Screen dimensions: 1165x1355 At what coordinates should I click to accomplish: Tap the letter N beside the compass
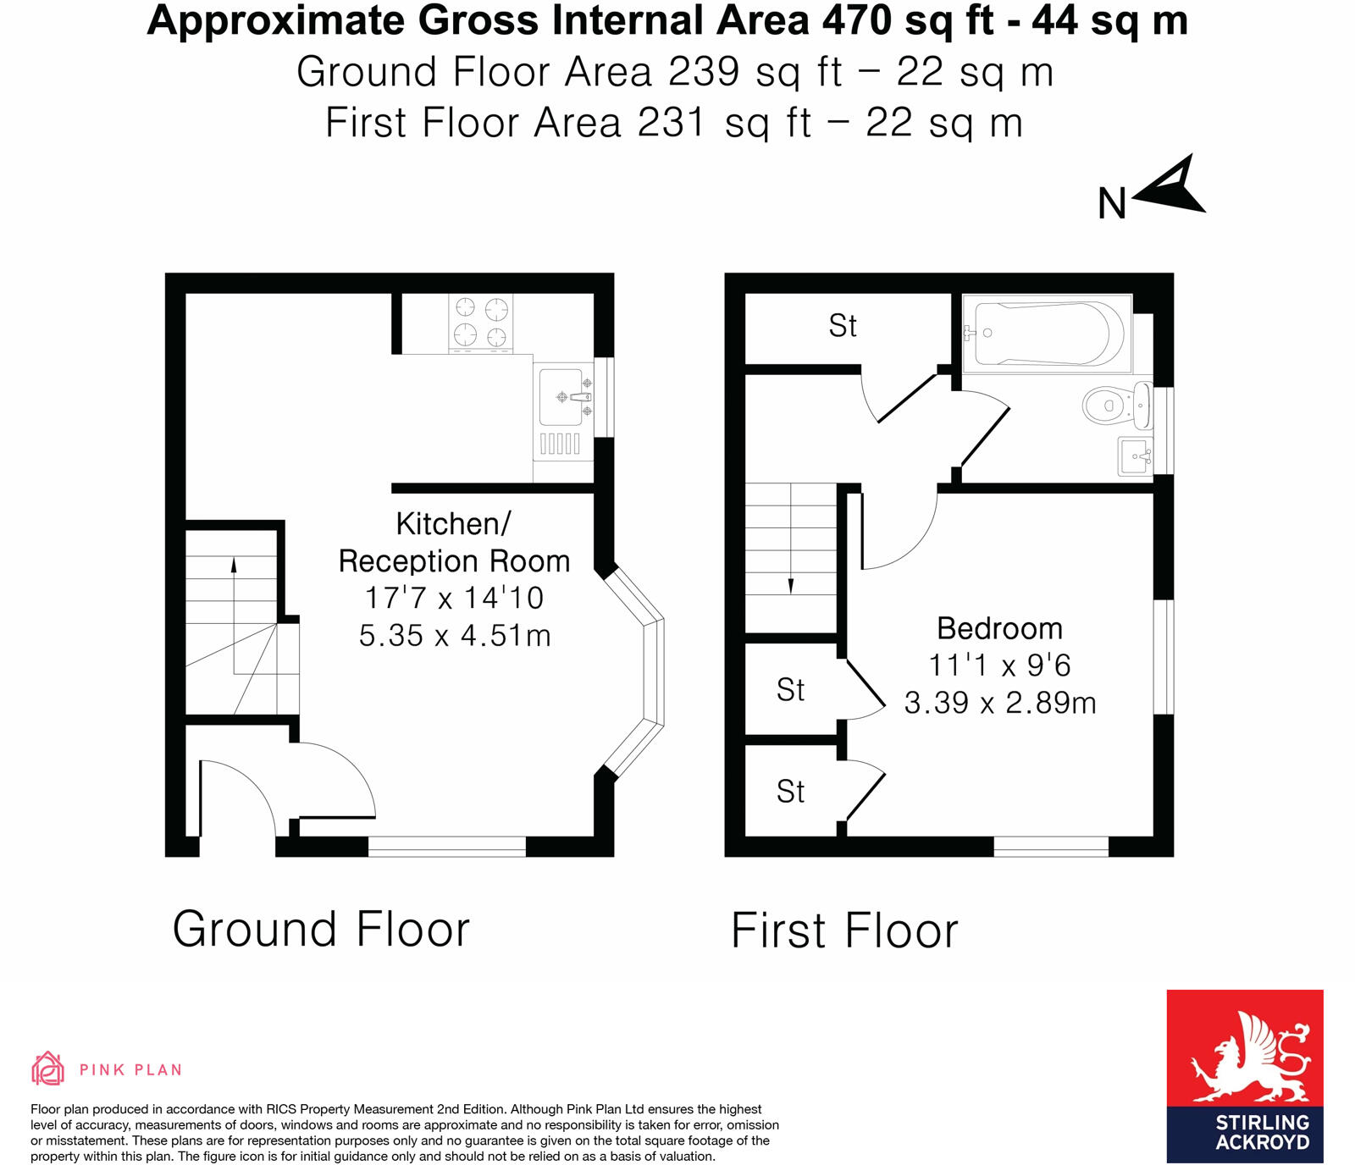(1112, 204)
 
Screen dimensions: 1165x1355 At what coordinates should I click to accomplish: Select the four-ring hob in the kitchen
(480, 323)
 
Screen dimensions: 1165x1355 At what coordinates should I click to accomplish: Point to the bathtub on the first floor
(1047, 334)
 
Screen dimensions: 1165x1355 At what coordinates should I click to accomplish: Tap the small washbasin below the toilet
(1135, 456)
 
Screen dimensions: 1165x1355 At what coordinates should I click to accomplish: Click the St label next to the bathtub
(843, 326)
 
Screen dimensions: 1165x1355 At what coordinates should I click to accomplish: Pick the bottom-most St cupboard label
(790, 792)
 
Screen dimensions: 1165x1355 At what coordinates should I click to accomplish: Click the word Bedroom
(999, 629)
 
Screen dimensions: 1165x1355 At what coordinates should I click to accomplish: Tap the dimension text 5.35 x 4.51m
(455, 636)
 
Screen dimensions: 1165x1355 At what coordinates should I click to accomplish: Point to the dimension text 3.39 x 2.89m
(1000, 703)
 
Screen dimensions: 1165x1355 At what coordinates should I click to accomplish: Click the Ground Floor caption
(321, 930)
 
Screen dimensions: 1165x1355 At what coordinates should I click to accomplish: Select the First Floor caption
(844, 931)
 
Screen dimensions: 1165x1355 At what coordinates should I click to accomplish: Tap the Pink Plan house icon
(47, 1068)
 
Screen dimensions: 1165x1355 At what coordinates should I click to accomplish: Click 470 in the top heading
(857, 20)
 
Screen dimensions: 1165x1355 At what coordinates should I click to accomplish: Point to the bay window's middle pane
(654, 672)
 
